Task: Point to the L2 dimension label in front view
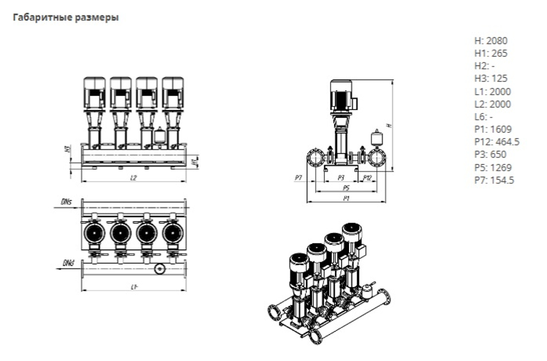[134, 178]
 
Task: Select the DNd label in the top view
[68, 264]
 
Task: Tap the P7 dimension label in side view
[298, 177]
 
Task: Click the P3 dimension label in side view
[340, 177]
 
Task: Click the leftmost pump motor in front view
[94, 92]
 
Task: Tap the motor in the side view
[341, 95]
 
